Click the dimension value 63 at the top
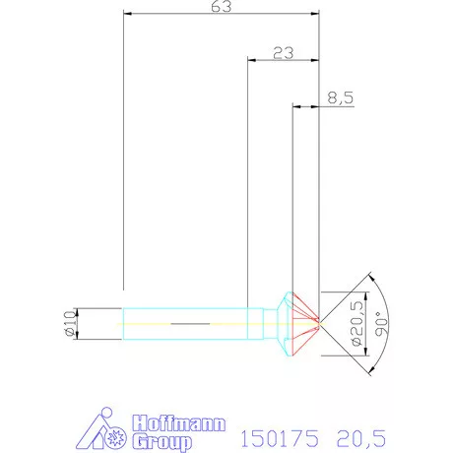(x=221, y=6)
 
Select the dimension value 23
(x=284, y=53)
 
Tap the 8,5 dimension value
(x=341, y=97)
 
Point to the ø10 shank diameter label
(x=70, y=324)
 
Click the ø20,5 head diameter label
(x=357, y=323)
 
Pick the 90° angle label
(x=381, y=324)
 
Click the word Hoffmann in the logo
(x=179, y=423)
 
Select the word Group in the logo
(x=162, y=442)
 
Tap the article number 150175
(x=280, y=438)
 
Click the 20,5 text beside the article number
(x=361, y=438)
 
